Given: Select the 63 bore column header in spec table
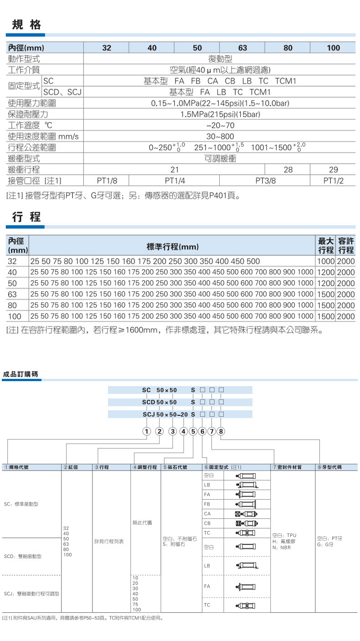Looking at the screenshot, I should pyautogui.click(x=242, y=48).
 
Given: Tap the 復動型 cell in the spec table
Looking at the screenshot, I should pyautogui.click(x=220, y=59).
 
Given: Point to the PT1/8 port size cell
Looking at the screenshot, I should pyautogui.click(x=107, y=181).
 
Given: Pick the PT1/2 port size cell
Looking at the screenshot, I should pyautogui.click(x=333, y=181).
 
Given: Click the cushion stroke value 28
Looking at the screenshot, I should pyautogui.click(x=288, y=170).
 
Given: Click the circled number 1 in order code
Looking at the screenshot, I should pyautogui.click(x=147, y=431).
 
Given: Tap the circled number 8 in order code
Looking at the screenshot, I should pyautogui.click(x=221, y=431).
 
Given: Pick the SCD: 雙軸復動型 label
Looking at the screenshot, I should pyautogui.click(x=22, y=557).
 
